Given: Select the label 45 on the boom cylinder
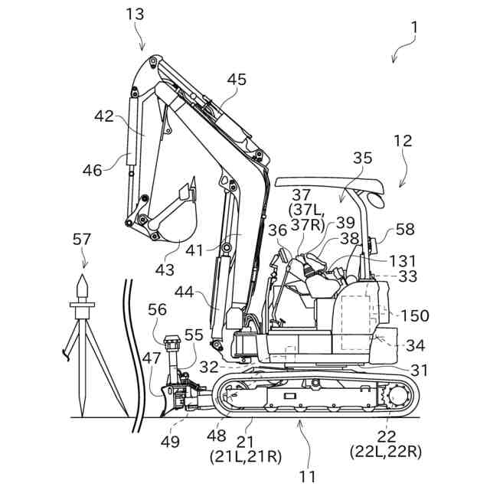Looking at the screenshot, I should tap(237, 80).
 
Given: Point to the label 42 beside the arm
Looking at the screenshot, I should tap(104, 116).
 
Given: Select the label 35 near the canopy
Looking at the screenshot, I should tap(364, 158).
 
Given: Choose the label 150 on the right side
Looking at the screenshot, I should tap(414, 315).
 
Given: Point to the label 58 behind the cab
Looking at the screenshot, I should tap(406, 230).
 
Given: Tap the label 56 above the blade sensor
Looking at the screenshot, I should tap(158, 309).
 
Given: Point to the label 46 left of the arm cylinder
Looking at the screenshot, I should tap(93, 170).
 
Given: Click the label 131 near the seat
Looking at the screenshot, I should tap(403, 260).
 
